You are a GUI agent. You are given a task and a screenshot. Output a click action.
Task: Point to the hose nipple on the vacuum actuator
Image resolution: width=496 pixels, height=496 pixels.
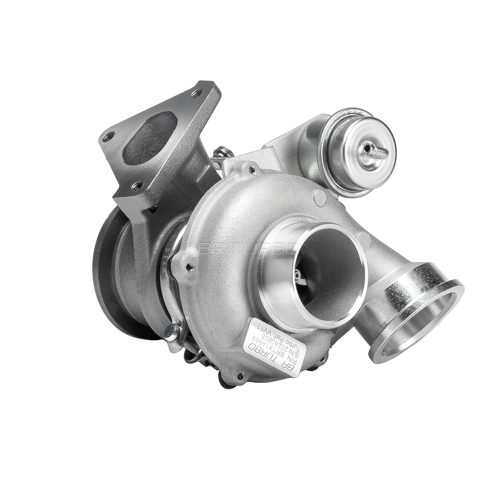point(371,149)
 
